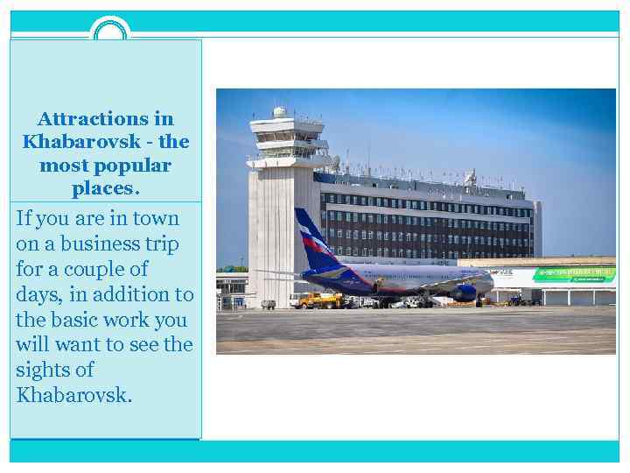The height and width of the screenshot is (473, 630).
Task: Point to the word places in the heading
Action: point(103,188)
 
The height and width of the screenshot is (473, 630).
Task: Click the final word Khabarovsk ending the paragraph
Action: point(72,395)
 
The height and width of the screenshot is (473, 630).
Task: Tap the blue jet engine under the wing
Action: point(464,293)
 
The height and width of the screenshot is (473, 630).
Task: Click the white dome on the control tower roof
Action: point(279,111)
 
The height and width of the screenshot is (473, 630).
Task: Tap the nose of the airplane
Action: point(490,282)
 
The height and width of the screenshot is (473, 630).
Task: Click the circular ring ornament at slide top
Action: point(110,32)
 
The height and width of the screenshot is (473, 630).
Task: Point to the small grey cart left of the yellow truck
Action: point(269,304)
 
